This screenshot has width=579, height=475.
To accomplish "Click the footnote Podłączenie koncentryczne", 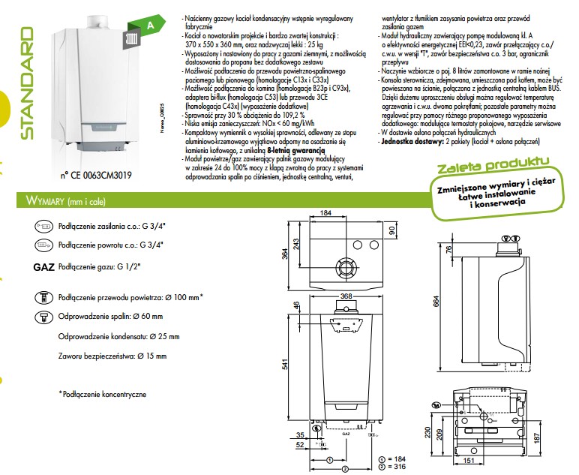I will tap(104, 393).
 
